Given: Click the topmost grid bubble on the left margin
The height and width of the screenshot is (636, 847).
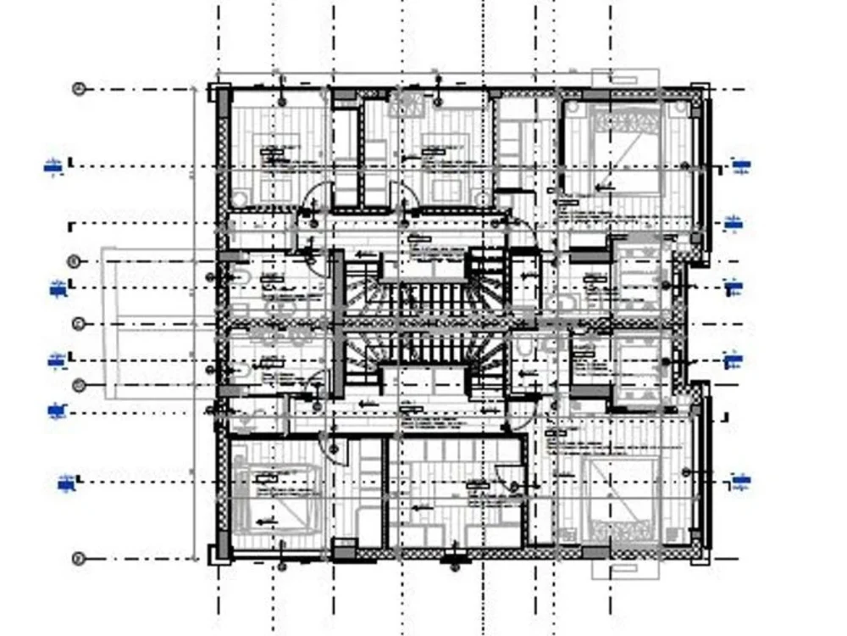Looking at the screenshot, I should click(x=79, y=88).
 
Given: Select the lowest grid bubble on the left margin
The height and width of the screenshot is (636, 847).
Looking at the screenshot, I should click(x=79, y=558).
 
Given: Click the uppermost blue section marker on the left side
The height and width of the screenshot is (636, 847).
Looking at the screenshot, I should click(x=53, y=166).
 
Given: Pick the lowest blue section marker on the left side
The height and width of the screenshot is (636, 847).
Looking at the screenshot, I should click(x=66, y=484).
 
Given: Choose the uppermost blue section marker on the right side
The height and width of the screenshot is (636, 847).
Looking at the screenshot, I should click(x=741, y=166).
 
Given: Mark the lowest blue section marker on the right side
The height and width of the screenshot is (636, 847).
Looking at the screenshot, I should click(x=741, y=483).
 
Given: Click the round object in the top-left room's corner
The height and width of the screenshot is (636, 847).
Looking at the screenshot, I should click(x=240, y=198).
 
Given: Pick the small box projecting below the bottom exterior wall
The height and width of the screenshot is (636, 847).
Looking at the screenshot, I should click(x=613, y=569).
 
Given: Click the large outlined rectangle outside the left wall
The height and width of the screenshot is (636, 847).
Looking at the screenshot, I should click(x=157, y=323).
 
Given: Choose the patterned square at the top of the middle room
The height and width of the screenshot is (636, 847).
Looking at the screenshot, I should click(x=407, y=104).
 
